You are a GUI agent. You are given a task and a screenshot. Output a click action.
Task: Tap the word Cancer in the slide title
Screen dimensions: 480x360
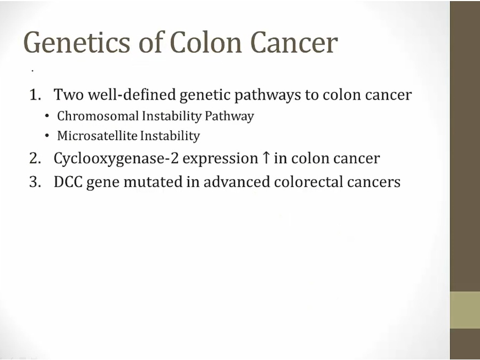click(294, 43)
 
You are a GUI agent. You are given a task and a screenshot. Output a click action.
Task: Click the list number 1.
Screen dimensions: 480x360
click(35, 94)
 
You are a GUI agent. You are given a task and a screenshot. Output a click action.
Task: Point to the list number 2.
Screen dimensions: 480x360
click(35, 158)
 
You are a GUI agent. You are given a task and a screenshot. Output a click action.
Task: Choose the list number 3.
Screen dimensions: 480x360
click(35, 182)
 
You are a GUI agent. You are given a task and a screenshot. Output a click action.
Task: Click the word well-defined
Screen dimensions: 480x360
click(132, 94)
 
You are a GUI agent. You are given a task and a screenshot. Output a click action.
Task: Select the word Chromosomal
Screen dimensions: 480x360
click(98, 116)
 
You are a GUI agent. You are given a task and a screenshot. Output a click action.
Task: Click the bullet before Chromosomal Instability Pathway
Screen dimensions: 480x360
click(47, 116)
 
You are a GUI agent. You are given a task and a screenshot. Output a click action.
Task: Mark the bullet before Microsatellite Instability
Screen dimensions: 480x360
click(47, 136)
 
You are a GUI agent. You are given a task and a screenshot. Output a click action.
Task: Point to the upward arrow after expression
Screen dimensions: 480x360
click(266, 158)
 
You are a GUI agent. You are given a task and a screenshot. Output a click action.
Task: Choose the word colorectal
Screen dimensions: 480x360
click(308, 182)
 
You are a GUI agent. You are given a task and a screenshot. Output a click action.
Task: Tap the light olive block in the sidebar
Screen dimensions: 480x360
click(465, 310)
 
